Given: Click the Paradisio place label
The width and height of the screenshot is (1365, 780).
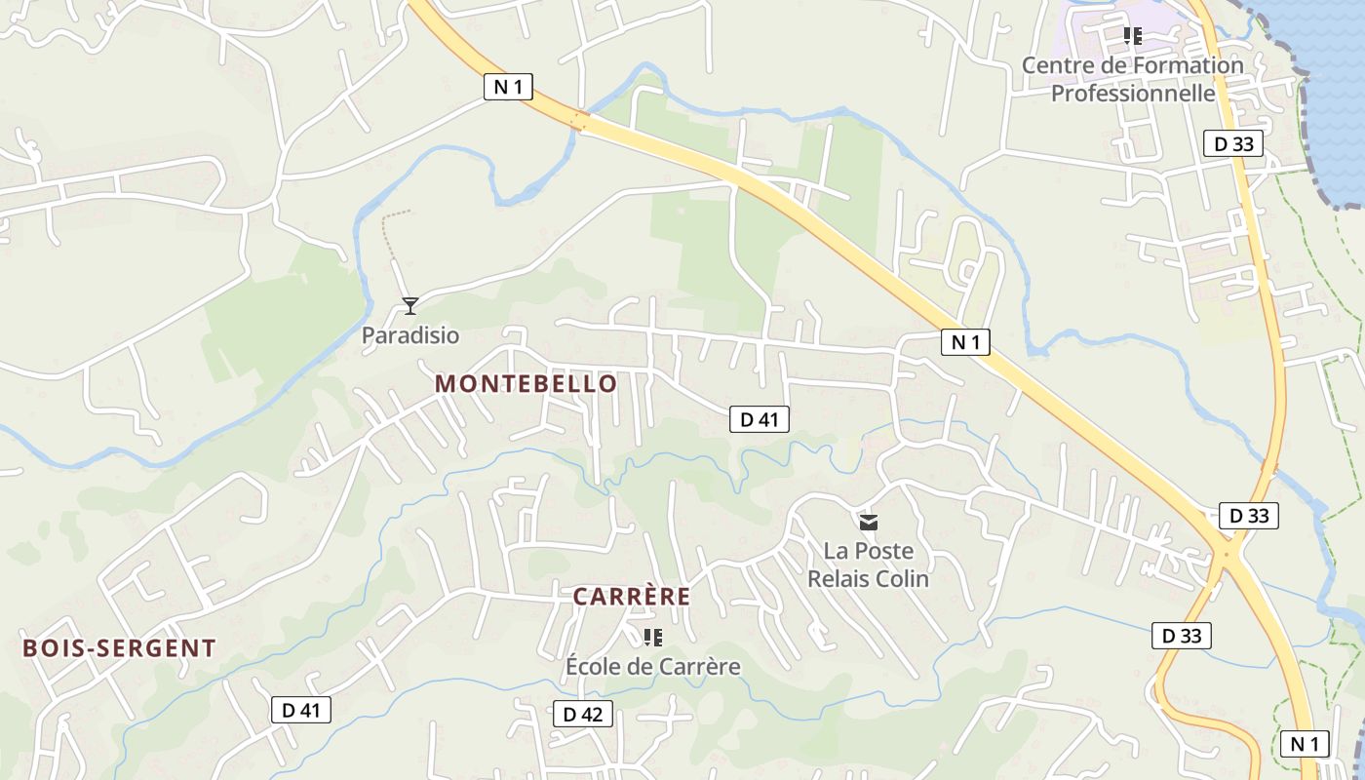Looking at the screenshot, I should (x=409, y=335).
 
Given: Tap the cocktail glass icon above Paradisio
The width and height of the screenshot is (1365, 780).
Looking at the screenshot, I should (x=410, y=306).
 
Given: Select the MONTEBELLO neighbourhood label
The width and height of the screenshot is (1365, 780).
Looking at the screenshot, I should (x=526, y=384).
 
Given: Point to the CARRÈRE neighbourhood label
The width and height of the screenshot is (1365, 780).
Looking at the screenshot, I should (x=631, y=597).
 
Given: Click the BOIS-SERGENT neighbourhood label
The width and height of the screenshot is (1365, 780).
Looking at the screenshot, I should (x=119, y=648).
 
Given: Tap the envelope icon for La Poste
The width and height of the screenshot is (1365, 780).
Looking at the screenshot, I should (x=869, y=523).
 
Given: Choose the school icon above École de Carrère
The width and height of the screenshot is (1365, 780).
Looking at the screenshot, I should (x=653, y=638).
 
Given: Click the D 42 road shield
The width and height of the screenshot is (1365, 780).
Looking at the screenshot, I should (x=582, y=714).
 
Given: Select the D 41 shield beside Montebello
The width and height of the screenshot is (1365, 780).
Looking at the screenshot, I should (x=759, y=419).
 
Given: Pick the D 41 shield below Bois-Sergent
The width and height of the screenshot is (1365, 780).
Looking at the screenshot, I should (x=300, y=710).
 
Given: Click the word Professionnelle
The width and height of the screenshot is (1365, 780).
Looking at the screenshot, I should (x=1133, y=94).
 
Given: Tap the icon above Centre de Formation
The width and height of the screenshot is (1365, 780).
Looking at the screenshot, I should (x=1132, y=36).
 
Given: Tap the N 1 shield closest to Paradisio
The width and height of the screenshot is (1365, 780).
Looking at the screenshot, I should (x=508, y=87).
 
